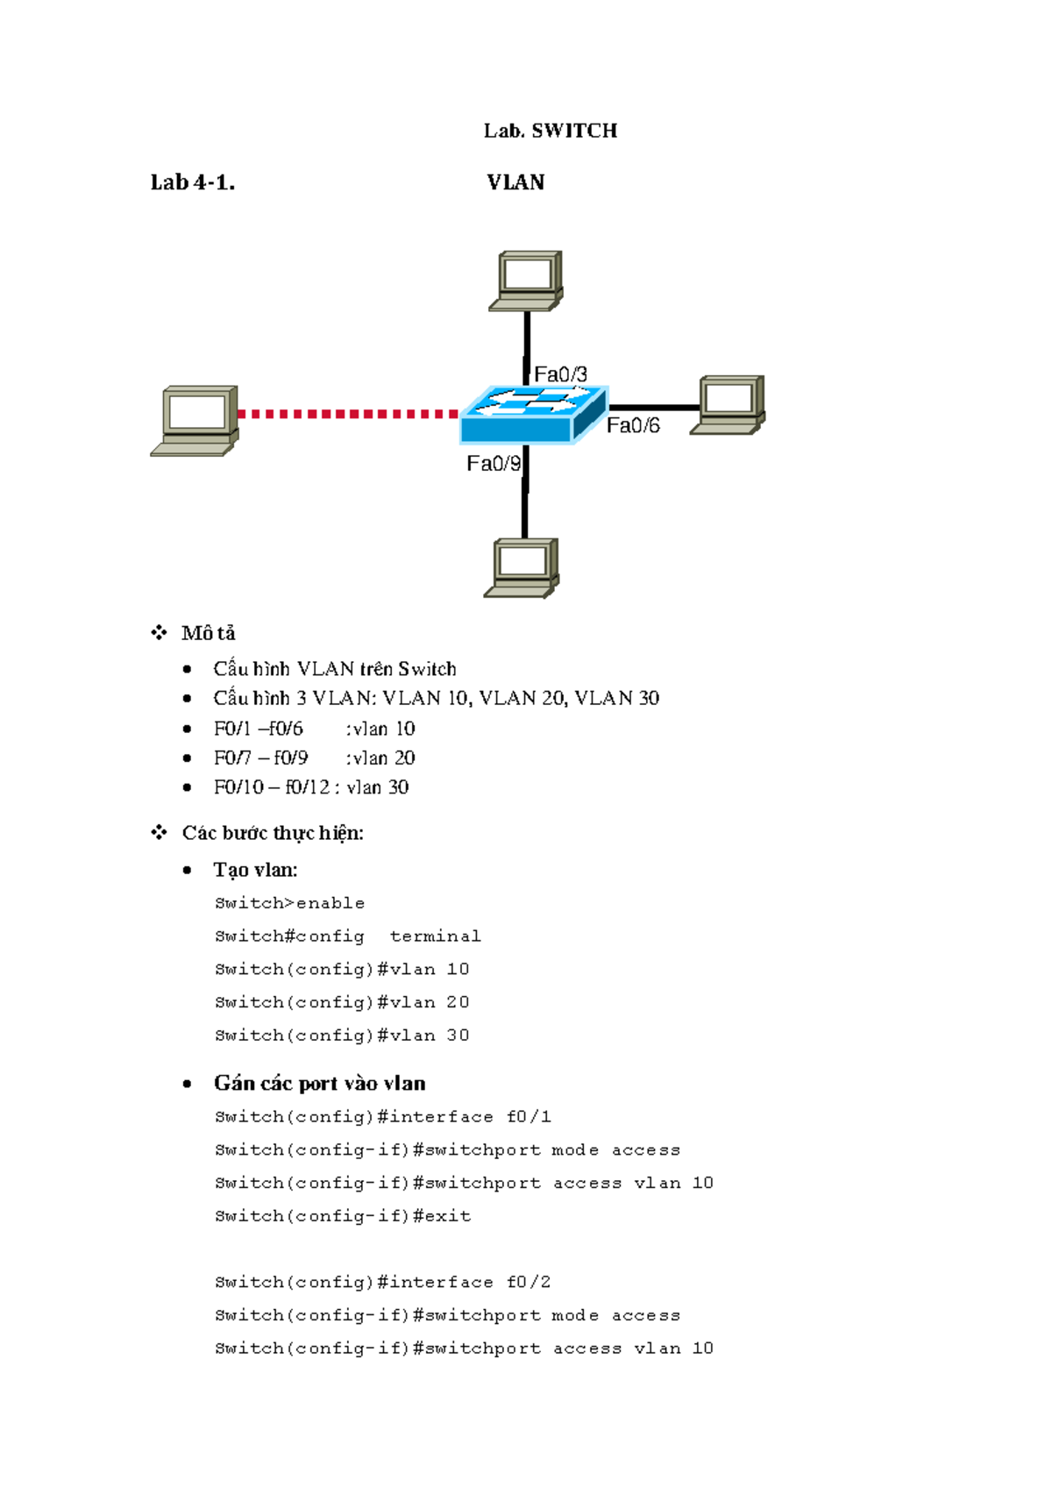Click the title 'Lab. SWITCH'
pos(551,131)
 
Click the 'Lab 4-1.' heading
pos(192,182)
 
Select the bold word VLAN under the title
pos(515,182)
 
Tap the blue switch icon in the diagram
pos(533,414)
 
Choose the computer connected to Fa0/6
pos(729,404)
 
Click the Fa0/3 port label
pos(561,374)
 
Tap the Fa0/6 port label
pos(633,426)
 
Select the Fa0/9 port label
pos(494,464)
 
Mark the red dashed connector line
pos(348,414)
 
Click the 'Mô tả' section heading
pos(208,633)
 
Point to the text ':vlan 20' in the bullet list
pos(380,758)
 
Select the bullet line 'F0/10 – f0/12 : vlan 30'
pos(311,787)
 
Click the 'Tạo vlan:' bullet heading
pos(255,870)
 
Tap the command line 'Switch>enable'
pos(289,903)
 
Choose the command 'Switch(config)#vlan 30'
pos(342,1035)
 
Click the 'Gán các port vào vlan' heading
pos(319,1084)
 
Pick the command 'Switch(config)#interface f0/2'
pos(382,1282)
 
